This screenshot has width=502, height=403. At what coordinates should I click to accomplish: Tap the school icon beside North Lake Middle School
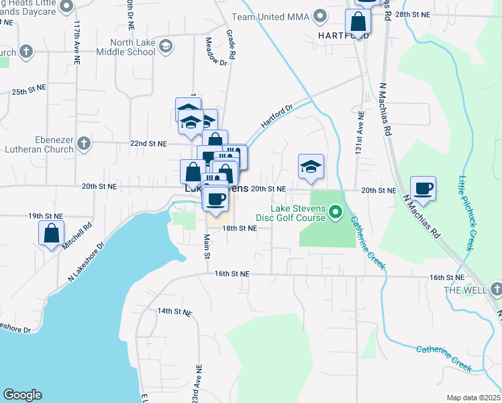166,46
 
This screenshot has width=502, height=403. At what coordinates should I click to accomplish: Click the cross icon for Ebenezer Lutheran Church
84,143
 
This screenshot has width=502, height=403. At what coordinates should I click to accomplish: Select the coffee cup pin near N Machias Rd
423,189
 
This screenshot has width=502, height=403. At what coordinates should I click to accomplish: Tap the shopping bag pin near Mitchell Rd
52,234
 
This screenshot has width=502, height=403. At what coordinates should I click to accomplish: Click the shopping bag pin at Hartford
358,24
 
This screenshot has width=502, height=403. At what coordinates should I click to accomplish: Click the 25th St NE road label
29,88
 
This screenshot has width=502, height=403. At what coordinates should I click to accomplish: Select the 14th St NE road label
174,312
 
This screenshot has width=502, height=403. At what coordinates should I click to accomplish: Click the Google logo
22,395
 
